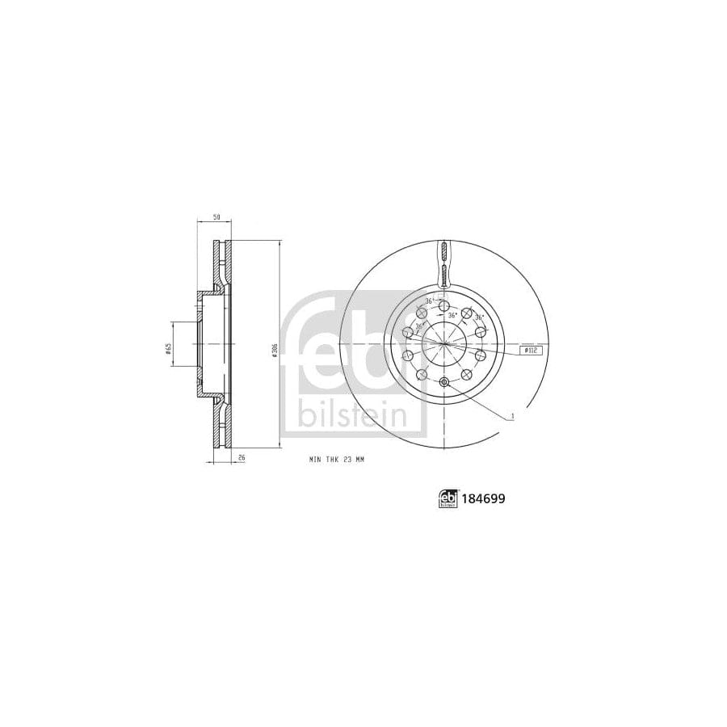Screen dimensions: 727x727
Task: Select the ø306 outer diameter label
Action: point(275,348)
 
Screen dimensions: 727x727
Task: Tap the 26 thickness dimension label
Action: point(241,457)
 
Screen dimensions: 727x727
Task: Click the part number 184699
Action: point(485,500)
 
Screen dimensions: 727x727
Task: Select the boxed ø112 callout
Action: point(530,351)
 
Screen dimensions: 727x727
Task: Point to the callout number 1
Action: point(512,417)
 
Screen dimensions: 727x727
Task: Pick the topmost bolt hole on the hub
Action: point(443,305)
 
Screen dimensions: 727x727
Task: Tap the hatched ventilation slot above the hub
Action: point(443,263)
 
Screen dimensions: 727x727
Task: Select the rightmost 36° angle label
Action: point(480,317)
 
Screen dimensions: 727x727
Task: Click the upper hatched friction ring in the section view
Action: point(221,263)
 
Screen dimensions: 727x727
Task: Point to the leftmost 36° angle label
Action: point(410,327)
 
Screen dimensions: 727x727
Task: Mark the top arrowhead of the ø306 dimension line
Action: point(279,243)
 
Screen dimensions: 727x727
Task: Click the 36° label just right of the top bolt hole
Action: point(454,314)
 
